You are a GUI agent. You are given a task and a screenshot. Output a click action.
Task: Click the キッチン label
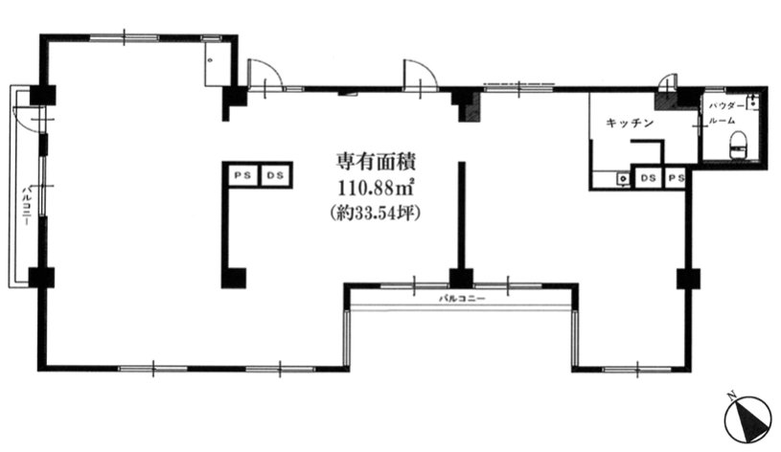click(630, 123)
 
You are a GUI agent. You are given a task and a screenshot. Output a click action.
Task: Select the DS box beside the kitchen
click(648, 178)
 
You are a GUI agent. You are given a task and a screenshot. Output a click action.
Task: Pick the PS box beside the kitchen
click(675, 178)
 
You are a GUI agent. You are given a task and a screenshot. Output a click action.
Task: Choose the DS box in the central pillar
click(273, 175)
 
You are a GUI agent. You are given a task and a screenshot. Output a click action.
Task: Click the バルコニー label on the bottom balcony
click(462, 299)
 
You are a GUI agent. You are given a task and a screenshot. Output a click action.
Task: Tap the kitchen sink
click(622, 177)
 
